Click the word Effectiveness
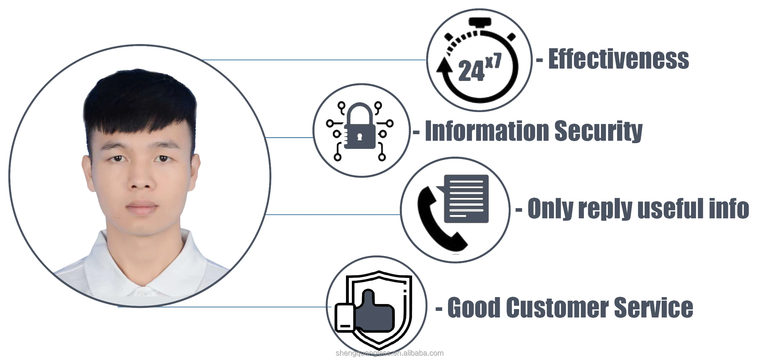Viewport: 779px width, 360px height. coord(618,59)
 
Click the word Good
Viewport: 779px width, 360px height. coord(473,307)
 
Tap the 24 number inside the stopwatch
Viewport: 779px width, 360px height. coord(471,71)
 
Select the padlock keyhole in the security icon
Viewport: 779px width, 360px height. coord(359,137)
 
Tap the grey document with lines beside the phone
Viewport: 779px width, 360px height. coord(466,199)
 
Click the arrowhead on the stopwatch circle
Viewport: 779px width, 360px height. coord(444,65)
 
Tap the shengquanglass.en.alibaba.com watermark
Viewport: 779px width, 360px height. coord(390,353)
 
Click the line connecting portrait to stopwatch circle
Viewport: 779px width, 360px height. coord(315,60)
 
